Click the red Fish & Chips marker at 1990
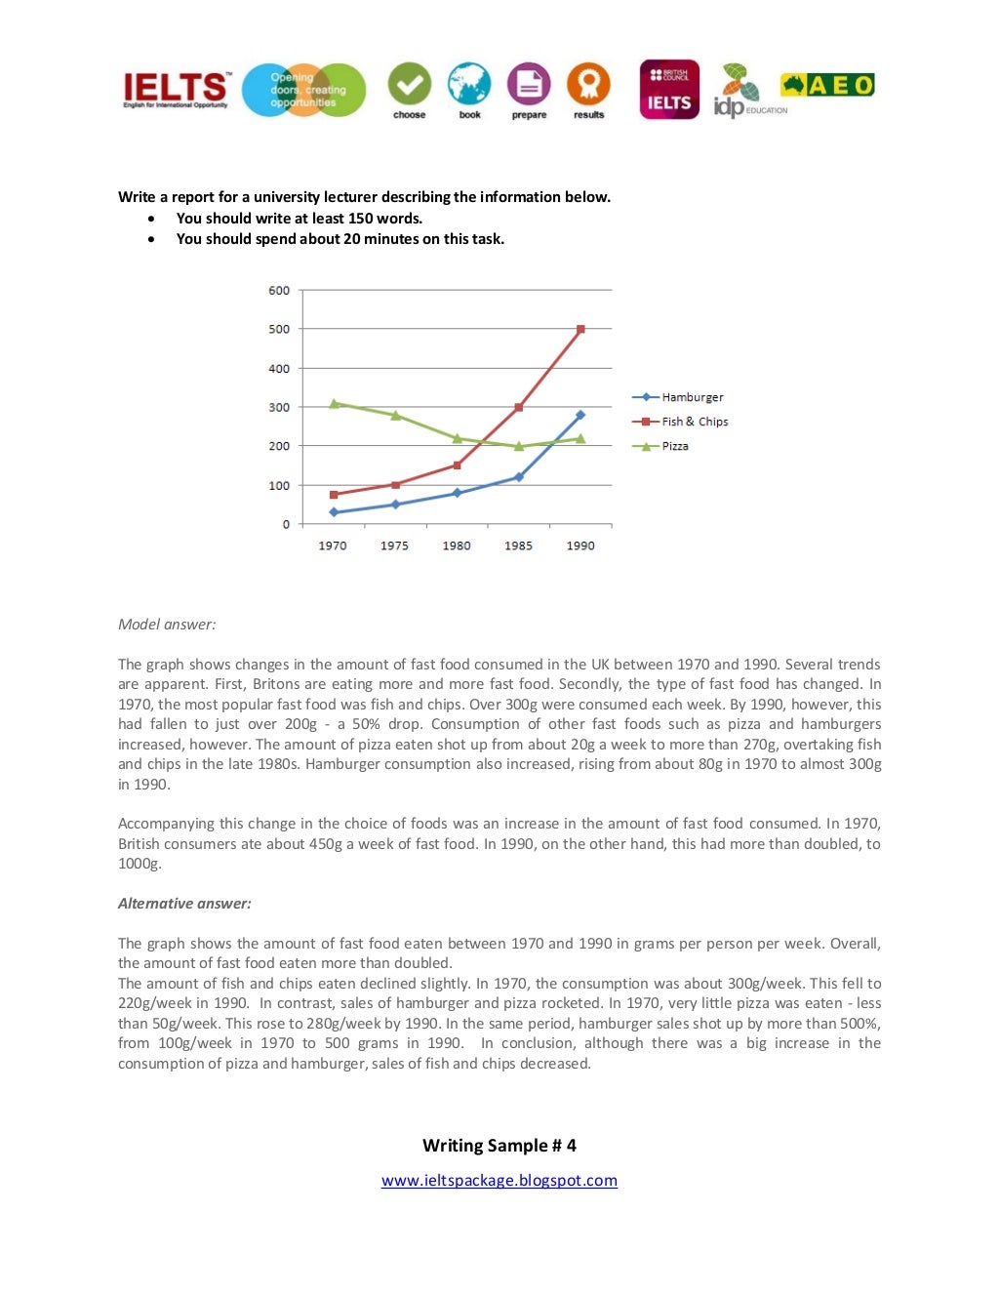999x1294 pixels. click(580, 330)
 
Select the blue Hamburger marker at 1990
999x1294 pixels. click(580, 415)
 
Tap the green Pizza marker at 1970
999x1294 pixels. click(334, 403)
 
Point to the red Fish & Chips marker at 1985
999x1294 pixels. click(519, 407)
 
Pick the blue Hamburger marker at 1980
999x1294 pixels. click(457, 493)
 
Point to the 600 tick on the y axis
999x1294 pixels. click(279, 290)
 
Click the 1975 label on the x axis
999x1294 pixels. click(394, 546)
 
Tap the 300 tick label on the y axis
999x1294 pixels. click(279, 407)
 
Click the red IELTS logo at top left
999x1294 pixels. click(176, 90)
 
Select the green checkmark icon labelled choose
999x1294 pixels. click(410, 85)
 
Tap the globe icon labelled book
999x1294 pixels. click(469, 85)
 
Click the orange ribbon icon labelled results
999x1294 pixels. click(588, 85)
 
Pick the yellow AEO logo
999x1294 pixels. click(827, 86)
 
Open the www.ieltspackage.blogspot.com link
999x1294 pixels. click(499, 1180)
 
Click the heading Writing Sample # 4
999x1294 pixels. click(499, 1145)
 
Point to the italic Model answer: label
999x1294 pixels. click(167, 625)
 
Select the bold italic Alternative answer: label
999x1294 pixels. click(184, 904)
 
